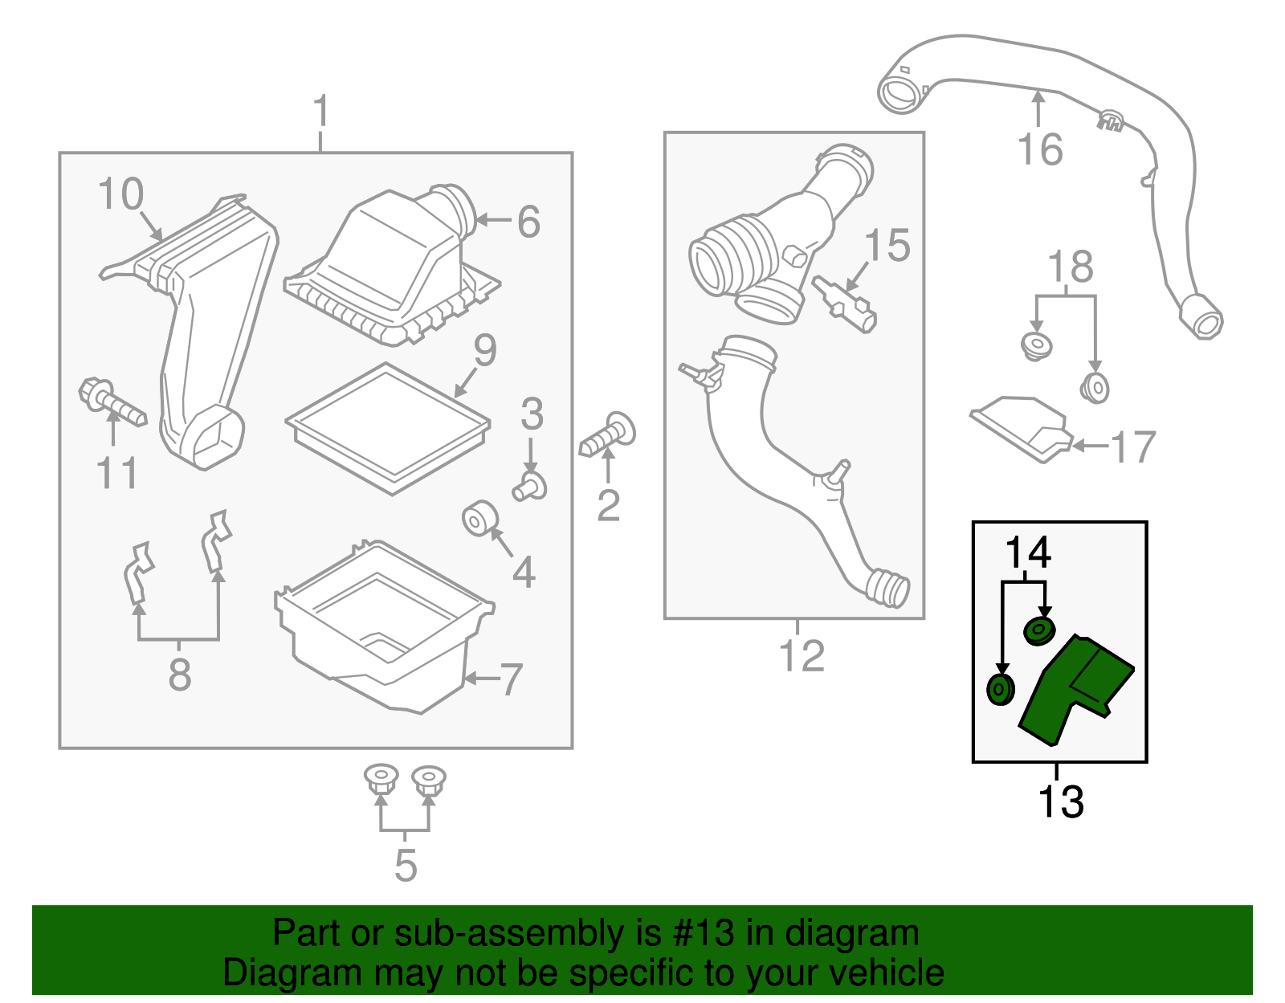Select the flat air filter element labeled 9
pos(388,429)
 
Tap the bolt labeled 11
pos(112,402)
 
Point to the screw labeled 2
pos(607,434)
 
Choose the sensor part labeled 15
pos(844,304)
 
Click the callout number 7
pos(511,679)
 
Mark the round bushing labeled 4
pos(480,519)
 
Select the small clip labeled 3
pos(530,487)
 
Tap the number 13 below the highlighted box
pos(1061,801)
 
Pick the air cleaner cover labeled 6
pos(392,267)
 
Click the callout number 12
pos(802,655)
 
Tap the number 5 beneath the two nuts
pos(406,866)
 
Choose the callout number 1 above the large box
pos(320,111)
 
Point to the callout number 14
pos(1028,552)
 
